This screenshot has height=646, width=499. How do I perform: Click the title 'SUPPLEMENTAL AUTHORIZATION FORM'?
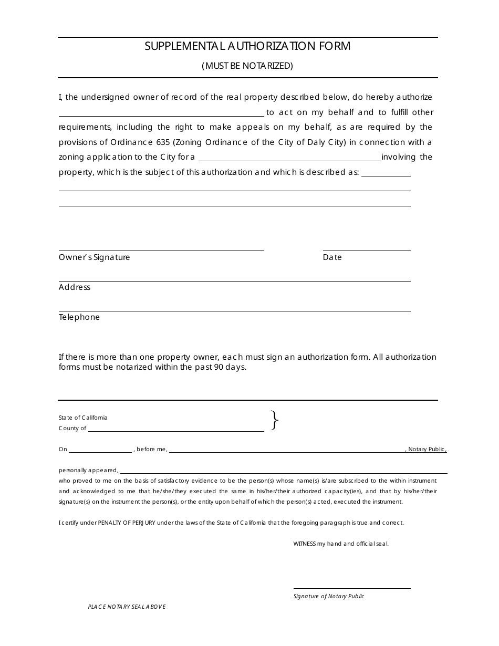pyautogui.click(x=247, y=46)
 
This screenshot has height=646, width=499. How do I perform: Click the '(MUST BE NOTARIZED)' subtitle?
pyautogui.click(x=247, y=66)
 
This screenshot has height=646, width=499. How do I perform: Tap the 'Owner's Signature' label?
pyautogui.click(x=94, y=257)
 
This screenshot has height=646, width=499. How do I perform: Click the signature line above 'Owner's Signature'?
pyautogui.click(x=161, y=250)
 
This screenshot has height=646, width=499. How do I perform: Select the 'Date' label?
pyautogui.click(x=332, y=257)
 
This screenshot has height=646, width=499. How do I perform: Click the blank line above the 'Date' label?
pyautogui.click(x=366, y=250)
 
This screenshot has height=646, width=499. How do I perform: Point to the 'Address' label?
pyautogui.click(x=75, y=287)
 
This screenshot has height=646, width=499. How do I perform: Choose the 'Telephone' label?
pyautogui.click(x=79, y=317)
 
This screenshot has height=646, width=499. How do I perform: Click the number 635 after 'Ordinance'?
pyautogui.click(x=162, y=142)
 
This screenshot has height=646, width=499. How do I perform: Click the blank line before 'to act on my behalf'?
pyautogui.click(x=161, y=114)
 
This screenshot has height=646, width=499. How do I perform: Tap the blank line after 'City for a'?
pyautogui.click(x=289, y=160)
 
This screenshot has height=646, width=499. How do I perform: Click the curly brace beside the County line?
pyautogui.click(x=274, y=421)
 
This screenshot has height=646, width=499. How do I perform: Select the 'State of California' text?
pyautogui.click(x=83, y=418)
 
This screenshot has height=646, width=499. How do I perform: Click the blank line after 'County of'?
pyautogui.click(x=176, y=431)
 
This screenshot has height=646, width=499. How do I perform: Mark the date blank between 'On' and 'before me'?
pyautogui.click(x=100, y=451)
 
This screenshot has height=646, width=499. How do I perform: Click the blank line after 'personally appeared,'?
pyautogui.click(x=284, y=473)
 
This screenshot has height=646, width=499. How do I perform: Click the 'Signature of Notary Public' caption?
pyautogui.click(x=329, y=596)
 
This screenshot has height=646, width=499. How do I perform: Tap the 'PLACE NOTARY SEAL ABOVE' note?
pyautogui.click(x=127, y=607)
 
